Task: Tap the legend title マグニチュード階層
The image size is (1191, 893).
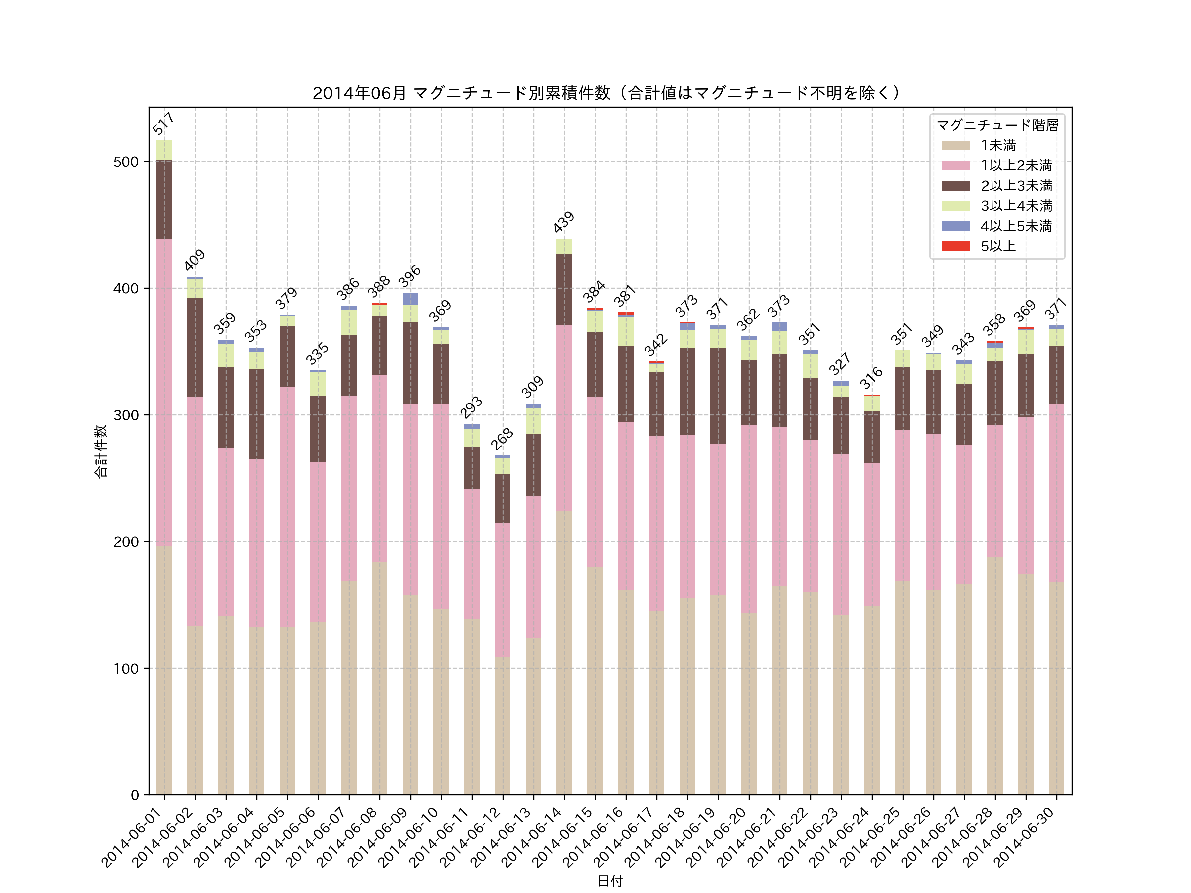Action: coord(997,125)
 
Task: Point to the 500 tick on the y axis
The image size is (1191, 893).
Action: coord(126,162)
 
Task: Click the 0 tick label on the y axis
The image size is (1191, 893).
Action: coord(135,795)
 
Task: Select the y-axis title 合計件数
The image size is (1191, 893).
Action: coord(101,451)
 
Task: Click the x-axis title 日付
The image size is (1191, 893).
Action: coord(610,881)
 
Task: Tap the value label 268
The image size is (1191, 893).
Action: coord(502,439)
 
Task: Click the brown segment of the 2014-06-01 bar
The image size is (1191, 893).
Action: coord(164,200)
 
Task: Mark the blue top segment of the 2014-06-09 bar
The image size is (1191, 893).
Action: coord(410,299)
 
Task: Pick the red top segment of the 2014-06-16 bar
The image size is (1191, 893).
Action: coord(626,313)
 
